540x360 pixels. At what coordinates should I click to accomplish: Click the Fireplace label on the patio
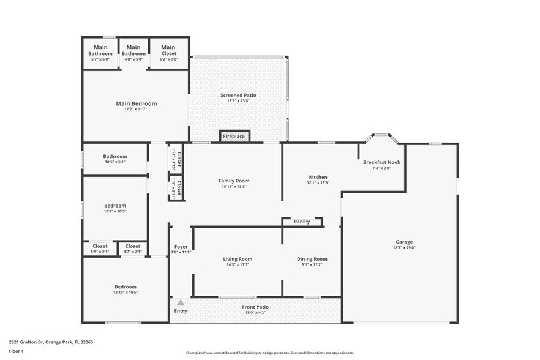pyautogui.click(x=234, y=136)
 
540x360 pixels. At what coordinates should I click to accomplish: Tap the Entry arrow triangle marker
pyautogui.click(x=180, y=302)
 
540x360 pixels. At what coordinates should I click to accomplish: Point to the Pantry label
pyautogui.click(x=302, y=222)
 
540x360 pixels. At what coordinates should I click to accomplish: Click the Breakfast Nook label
pyautogui.click(x=381, y=162)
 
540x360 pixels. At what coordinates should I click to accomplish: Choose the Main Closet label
pyautogui.click(x=168, y=47)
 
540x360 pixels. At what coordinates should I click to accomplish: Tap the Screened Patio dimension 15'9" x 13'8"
pyautogui.click(x=238, y=101)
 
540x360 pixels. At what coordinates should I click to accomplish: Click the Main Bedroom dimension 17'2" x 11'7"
pyautogui.click(x=137, y=110)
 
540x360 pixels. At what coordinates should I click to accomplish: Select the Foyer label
pyautogui.click(x=181, y=246)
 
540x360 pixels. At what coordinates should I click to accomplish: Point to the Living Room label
pyautogui.click(x=238, y=259)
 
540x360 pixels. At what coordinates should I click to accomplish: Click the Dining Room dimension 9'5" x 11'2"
pyautogui.click(x=312, y=265)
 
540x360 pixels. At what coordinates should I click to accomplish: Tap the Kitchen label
pyautogui.click(x=318, y=177)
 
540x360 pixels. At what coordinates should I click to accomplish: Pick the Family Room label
pyautogui.click(x=234, y=181)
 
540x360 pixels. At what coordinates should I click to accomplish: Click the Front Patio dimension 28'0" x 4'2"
pyautogui.click(x=255, y=313)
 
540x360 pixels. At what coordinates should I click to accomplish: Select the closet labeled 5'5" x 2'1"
pyautogui.click(x=100, y=252)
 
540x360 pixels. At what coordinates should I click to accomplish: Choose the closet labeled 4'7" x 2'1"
pyautogui.click(x=133, y=252)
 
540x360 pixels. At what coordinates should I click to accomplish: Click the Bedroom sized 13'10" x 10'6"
pyautogui.click(x=126, y=287)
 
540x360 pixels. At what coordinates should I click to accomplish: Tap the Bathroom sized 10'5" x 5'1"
pyautogui.click(x=115, y=156)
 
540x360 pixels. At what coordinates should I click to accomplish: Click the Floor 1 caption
pyautogui.click(x=16, y=351)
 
